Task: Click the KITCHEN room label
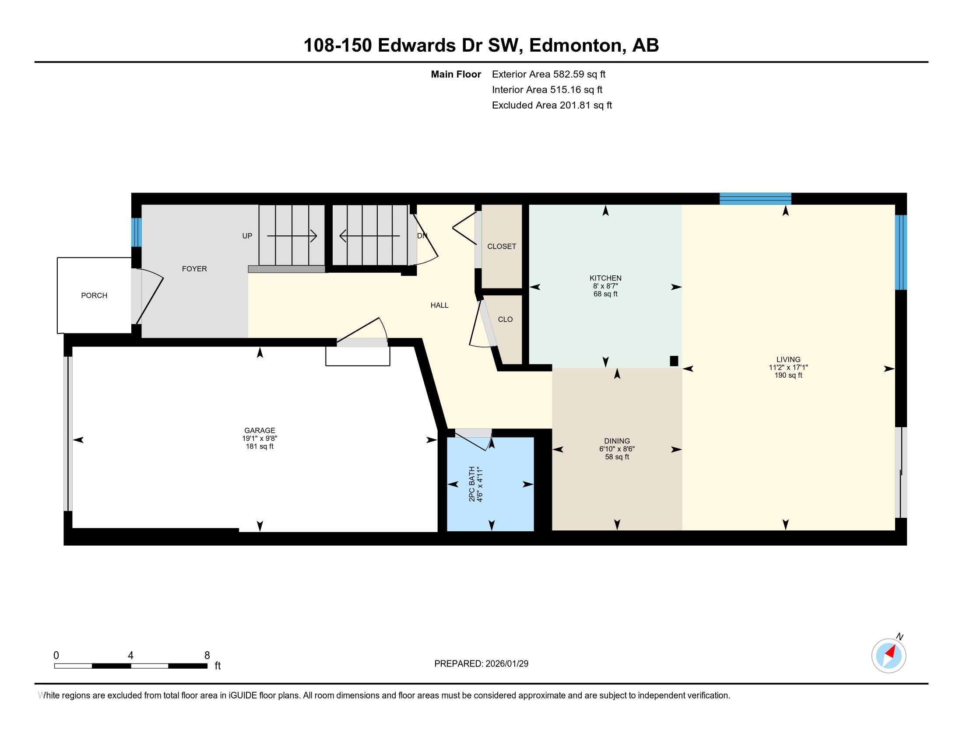point(605,278)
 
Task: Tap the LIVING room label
point(788,360)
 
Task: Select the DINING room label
point(616,441)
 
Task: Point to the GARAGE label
point(260,431)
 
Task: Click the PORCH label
point(94,296)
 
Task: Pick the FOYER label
point(194,269)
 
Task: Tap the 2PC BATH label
point(472,484)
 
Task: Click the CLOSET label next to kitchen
point(501,247)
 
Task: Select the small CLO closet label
point(505,319)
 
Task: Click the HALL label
point(439,305)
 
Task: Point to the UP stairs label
point(247,236)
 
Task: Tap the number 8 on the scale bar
point(207,656)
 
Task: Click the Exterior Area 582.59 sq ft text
point(548,74)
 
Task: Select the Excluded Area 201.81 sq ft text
point(552,105)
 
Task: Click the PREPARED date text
point(481,664)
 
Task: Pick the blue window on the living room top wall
point(755,199)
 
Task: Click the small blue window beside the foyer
point(137,232)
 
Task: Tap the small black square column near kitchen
point(673,361)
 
